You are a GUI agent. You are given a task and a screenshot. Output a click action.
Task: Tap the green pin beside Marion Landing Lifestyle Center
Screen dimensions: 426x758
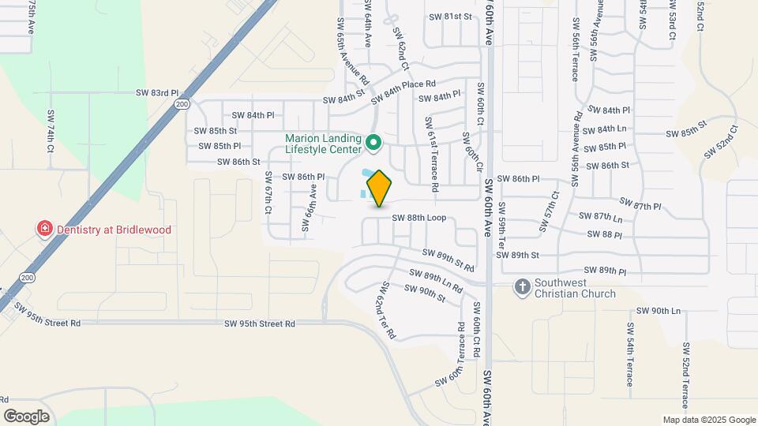[x=375, y=144]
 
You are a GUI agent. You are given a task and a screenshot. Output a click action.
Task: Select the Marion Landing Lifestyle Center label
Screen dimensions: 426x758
[x=324, y=144]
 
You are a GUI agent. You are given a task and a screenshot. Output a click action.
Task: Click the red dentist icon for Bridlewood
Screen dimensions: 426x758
[x=46, y=230]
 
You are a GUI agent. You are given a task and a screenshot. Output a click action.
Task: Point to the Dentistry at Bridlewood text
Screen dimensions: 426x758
[x=114, y=230]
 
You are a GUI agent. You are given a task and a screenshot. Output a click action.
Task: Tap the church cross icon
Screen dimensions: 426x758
[x=522, y=288]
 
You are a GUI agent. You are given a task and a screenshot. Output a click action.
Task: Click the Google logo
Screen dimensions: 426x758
[x=26, y=416]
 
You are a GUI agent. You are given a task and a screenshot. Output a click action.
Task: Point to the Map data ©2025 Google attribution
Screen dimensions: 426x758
[x=708, y=420]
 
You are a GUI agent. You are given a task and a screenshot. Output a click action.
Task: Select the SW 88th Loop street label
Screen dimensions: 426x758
[x=424, y=218]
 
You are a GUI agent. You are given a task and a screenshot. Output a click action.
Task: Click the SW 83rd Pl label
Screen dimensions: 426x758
[x=156, y=93]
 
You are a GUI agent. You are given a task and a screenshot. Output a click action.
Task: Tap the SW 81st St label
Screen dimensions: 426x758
[x=450, y=16]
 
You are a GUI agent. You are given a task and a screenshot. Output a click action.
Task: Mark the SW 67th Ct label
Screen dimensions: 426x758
[x=268, y=192]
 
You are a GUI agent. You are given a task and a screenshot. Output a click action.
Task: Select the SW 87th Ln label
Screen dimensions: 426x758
[x=601, y=216]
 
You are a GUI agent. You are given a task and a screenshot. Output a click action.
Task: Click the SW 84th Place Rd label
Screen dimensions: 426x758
[x=403, y=92]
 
